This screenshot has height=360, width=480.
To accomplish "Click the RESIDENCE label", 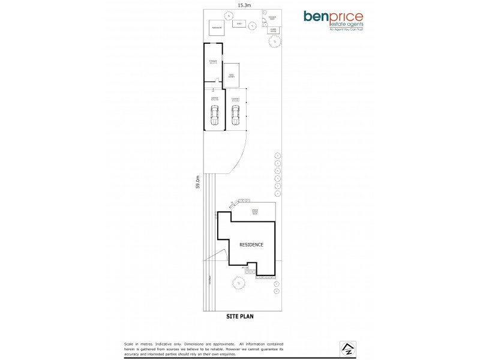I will [x=251, y=245].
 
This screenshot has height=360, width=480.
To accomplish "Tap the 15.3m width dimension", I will [x=244, y=5].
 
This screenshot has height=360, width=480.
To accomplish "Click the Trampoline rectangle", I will [x=216, y=28].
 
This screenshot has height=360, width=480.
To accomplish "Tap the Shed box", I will [x=239, y=25].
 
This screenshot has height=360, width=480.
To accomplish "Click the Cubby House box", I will [x=272, y=29].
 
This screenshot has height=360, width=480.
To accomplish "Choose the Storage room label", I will [x=212, y=62].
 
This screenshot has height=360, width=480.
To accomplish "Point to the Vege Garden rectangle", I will [x=231, y=75].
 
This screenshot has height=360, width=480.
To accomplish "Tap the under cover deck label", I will [x=254, y=212].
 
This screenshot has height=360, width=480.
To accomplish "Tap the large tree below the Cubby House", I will [x=274, y=41].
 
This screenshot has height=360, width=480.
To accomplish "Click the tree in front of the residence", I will [x=238, y=281].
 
